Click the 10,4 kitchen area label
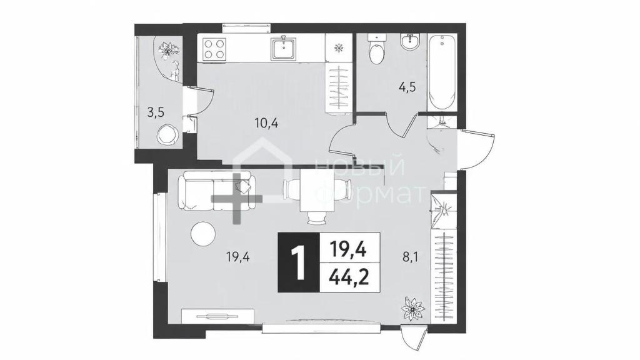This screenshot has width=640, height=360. [266, 122]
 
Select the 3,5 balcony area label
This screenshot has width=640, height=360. [156, 112]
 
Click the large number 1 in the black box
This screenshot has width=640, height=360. [299, 263]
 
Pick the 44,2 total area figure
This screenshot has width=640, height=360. [349, 278]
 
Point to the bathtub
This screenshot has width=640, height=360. [442, 72]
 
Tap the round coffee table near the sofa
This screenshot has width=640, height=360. [203, 234]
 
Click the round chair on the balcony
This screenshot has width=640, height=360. [167, 134]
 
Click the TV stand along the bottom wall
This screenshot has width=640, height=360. [217, 316]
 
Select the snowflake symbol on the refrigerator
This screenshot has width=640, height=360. [338, 48]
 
